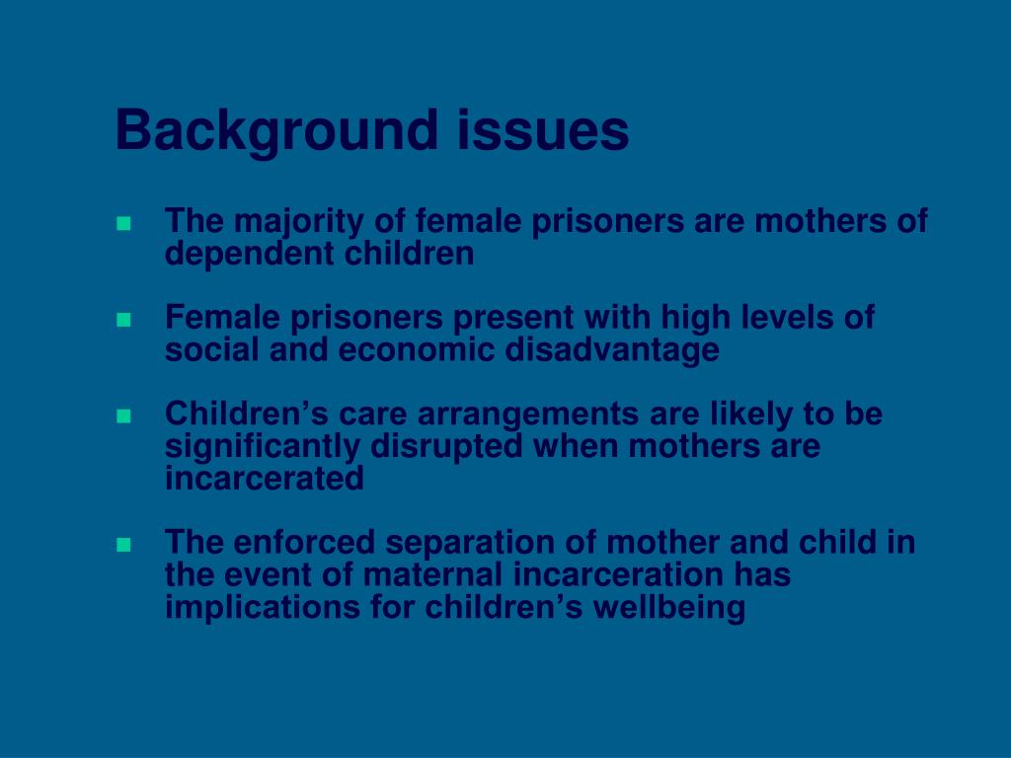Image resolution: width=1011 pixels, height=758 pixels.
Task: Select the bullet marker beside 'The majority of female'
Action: click(123, 224)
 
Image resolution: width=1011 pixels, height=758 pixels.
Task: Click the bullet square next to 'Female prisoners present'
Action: click(123, 320)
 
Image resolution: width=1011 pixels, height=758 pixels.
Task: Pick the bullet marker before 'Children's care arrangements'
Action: click(123, 417)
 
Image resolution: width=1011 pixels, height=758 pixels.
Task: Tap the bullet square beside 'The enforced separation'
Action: click(123, 544)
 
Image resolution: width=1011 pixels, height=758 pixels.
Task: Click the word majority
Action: click(295, 222)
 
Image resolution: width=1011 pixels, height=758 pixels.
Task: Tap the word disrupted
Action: click(448, 446)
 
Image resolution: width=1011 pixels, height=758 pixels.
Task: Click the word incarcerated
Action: click(265, 479)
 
